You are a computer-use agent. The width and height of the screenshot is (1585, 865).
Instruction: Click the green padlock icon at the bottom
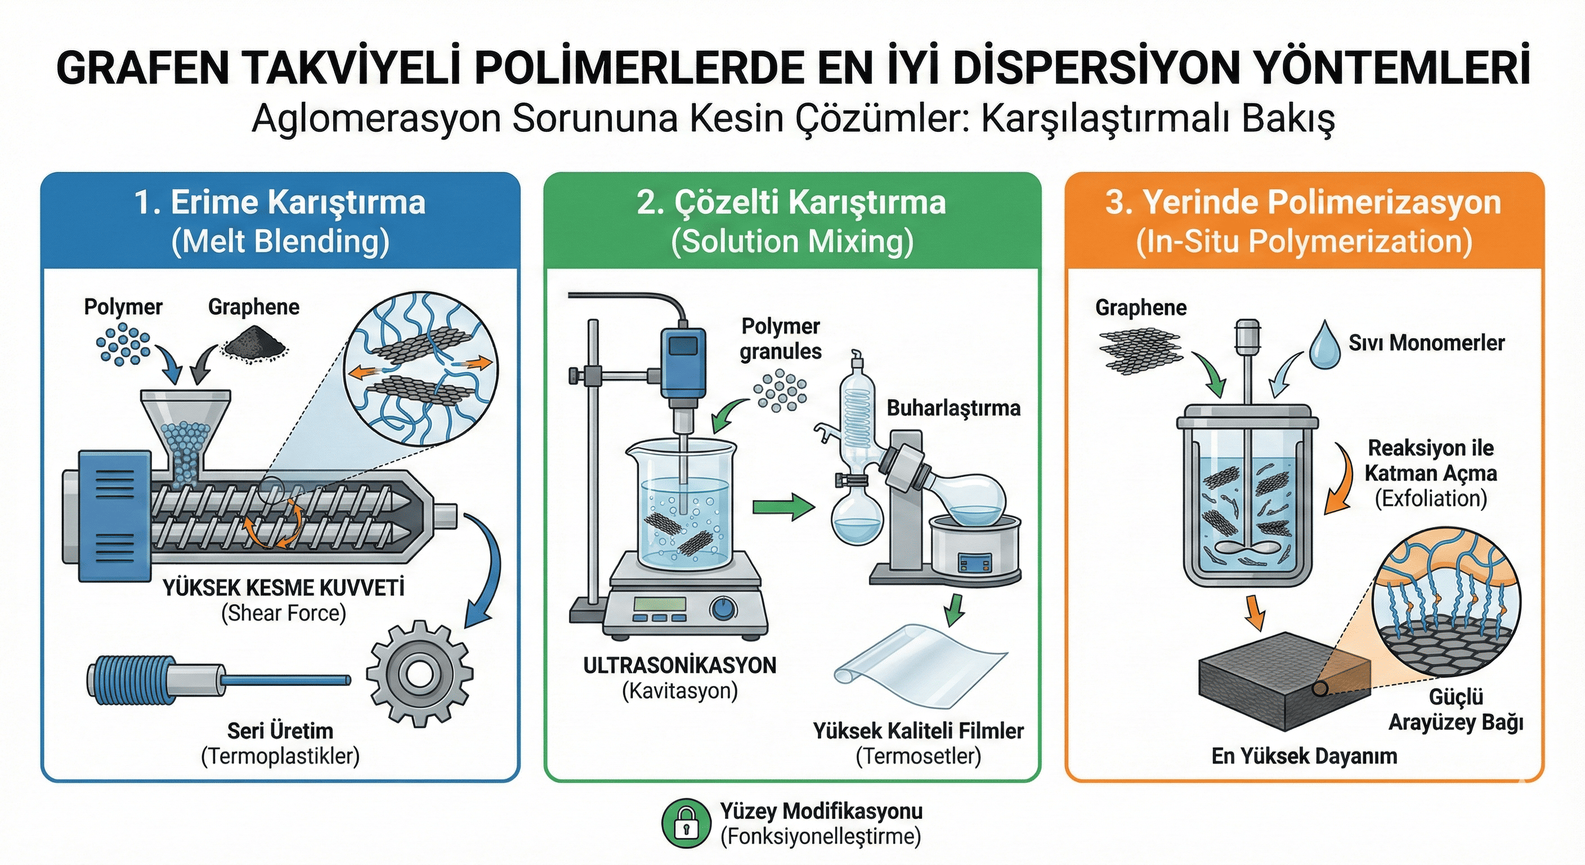(x=686, y=823)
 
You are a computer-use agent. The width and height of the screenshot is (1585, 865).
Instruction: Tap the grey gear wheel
(x=420, y=674)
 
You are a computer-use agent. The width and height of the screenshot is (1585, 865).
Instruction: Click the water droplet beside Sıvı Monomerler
(x=1325, y=345)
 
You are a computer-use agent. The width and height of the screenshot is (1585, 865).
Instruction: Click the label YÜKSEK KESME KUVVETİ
(x=284, y=588)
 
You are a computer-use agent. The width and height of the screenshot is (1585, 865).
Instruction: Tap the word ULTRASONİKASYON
(x=679, y=666)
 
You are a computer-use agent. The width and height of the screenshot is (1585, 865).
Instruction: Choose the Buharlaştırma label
(x=953, y=408)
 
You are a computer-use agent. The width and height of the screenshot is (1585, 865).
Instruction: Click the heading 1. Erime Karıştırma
(x=280, y=203)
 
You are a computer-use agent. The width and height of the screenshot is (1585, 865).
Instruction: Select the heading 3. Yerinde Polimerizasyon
(x=1303, y=203)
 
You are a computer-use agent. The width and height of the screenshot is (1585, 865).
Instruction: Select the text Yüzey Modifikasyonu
(x=821, y=812)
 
